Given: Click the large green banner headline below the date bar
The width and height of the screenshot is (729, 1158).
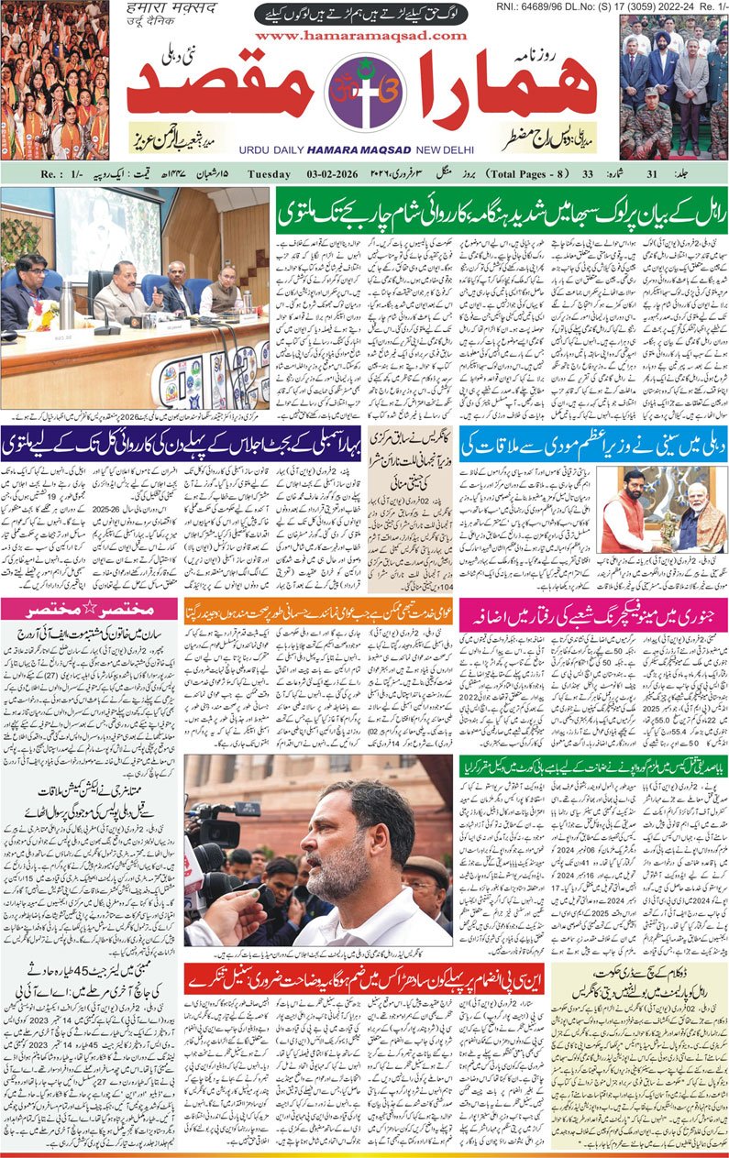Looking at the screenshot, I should pos(501,211).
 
